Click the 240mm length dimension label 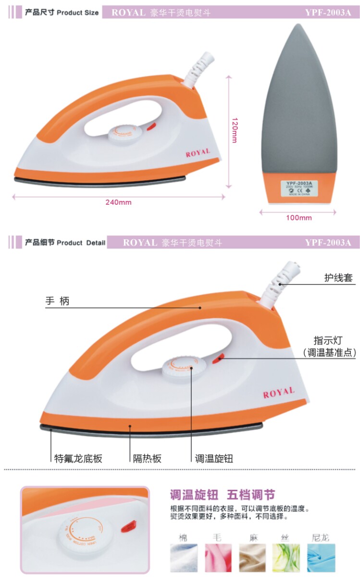pos(118,202)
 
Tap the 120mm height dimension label pos(234,130)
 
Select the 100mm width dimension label pos(298,218)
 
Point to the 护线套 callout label pos(338,278)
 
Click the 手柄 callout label pos(58,301)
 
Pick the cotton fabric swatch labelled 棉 pos(183,557)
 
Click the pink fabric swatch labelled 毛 pos(218,557)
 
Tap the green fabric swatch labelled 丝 pos(286,557)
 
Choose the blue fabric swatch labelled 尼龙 pos(321,557)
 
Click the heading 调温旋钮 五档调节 pos(222,495)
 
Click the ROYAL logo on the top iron pos(198,153)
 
